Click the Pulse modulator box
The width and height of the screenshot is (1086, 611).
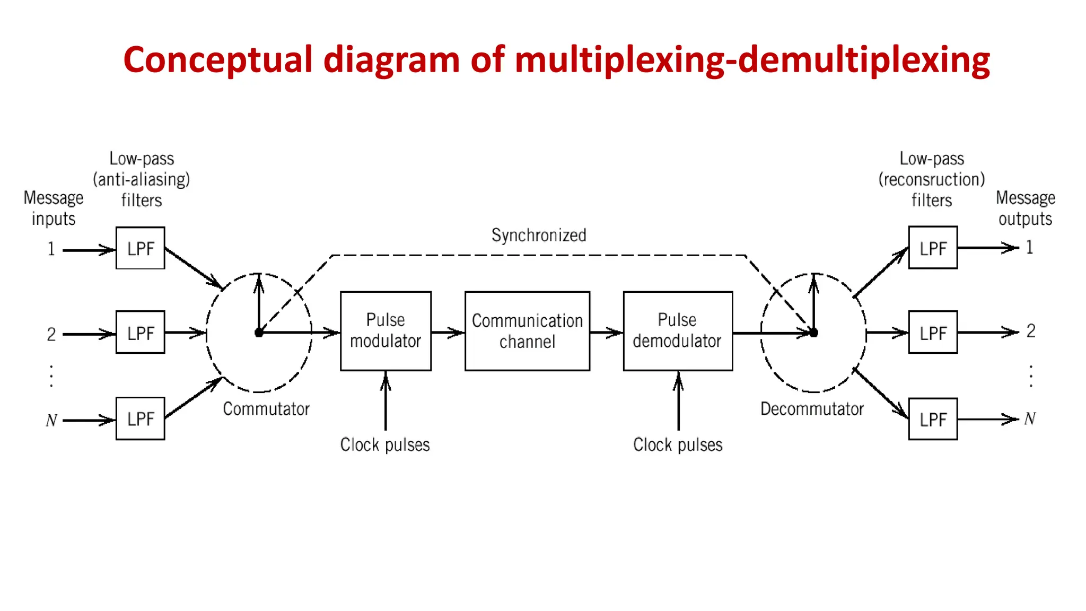[386, 330]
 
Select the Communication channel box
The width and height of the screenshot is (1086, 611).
[527, 330]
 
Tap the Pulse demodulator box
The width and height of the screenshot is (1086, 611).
[678, 330]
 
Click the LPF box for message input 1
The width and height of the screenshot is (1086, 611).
[140, 248]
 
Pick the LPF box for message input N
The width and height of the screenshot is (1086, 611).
[140, 418]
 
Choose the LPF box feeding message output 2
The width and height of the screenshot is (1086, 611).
[933, 333]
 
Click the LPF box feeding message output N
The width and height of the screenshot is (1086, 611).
[933, 419]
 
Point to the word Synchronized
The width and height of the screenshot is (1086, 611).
[539, 235]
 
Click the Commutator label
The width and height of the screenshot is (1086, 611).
[266, 409]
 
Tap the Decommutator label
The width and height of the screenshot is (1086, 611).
[812, 409]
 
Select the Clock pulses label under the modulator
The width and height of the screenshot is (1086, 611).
[385, 444]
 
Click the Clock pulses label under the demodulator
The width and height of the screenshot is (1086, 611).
[678, 444]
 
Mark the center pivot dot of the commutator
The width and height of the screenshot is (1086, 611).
[259, 333]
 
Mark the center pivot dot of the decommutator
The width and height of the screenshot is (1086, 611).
[814, 333]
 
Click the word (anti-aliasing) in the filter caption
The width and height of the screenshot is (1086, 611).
[141, 179]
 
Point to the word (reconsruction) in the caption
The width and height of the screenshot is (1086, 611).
[932, 179]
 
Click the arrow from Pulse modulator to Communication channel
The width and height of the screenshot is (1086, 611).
[448, 333]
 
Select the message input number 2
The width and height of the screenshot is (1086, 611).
[51, 334]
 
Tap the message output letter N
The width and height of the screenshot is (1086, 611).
[1030, 419]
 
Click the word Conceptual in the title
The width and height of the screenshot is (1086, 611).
[218, 59]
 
